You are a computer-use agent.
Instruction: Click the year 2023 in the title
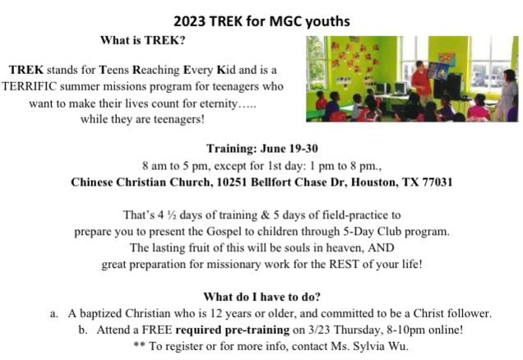point(189,21)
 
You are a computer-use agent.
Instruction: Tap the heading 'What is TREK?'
point(142,40)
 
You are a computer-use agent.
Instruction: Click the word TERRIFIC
point(30,86)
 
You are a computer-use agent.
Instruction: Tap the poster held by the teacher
point(437,71)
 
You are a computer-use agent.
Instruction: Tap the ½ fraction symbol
point(172,215)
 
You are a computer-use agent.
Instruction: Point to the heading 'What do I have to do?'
point(261,297)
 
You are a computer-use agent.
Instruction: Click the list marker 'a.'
point(54,314)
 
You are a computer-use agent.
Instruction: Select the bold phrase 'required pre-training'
point(233,330)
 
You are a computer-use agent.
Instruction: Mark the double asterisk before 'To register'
point(139,344)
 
